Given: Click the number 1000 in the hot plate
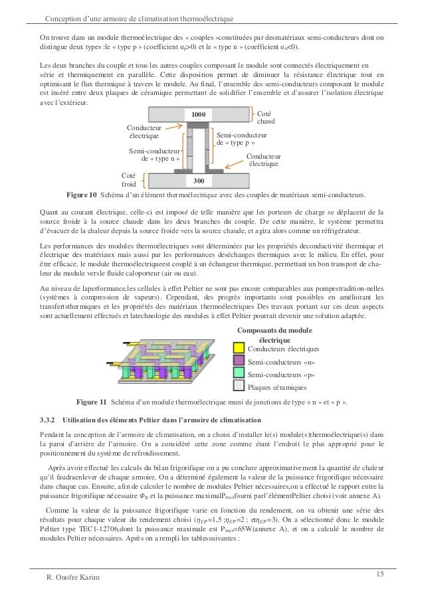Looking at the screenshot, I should [x=198, y=116].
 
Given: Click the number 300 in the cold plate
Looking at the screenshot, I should [x=197, y=180].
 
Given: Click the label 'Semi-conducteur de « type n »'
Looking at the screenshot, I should [x=154, y=155].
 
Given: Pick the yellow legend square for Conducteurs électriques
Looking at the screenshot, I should [x=239, y=348].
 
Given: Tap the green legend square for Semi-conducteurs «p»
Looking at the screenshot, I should [x=239, y=374].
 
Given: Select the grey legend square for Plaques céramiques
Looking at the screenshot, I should [x=239, y=386].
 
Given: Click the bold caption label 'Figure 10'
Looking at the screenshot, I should [x=80, y=195].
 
